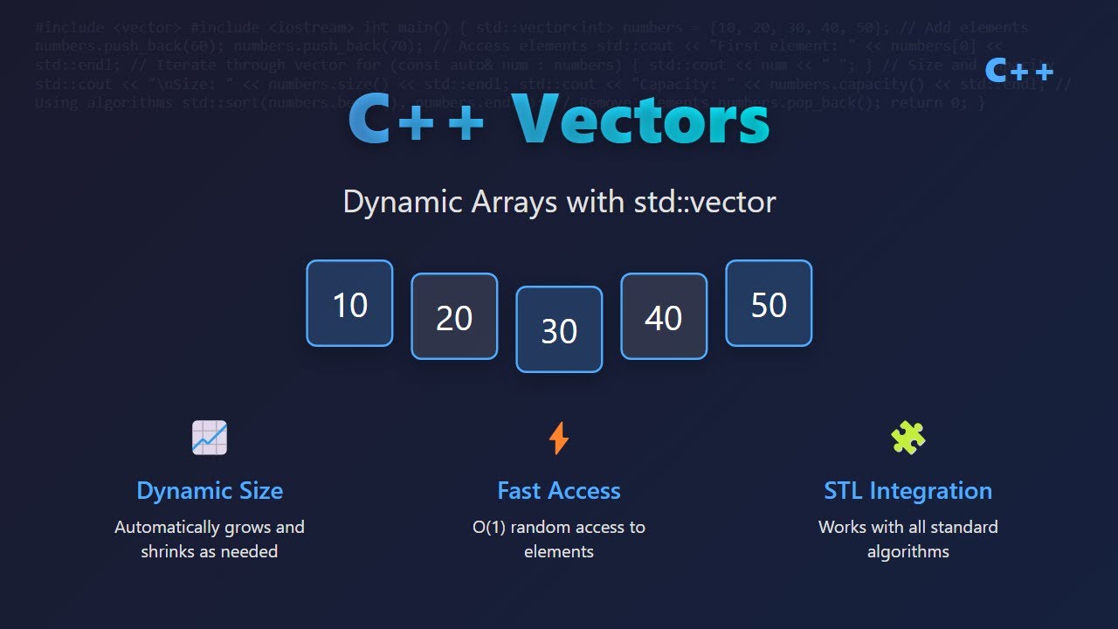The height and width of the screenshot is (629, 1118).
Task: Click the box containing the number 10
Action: tap(349, 303)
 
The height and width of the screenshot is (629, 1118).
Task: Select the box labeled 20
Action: tap(454, 316)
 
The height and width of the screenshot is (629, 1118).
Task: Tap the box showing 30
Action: tap(559, 329)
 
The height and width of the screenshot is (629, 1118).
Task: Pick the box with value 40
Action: tap(664, 316)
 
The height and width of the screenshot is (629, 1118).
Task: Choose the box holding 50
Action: tap(769, 303)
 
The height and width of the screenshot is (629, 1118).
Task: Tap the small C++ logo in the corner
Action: tap(1018, 70)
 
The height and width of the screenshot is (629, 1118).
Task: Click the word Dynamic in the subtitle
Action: tap(403, 202)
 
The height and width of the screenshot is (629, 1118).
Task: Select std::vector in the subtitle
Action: tap(704, 202)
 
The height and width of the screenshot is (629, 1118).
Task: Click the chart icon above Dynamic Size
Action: tap(210, 437)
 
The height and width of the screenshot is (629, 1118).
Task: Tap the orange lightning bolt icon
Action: tap(559, 438)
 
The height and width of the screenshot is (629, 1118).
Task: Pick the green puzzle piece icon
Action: tap(908, 437)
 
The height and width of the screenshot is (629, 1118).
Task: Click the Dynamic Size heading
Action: tap(210, 491)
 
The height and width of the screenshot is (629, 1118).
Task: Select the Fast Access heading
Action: tap(559, 491)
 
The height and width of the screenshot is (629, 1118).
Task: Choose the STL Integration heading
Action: tap(908, 491)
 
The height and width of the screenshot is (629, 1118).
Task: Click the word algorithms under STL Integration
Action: tap(908, 552)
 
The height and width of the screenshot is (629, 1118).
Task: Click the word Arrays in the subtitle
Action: tap(514, 202)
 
